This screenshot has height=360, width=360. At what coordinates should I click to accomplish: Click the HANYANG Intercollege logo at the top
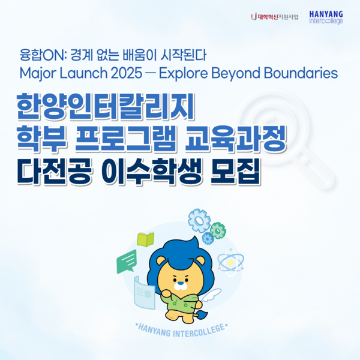pos(326,16)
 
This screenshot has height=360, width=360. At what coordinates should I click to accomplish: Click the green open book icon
pos(145,240)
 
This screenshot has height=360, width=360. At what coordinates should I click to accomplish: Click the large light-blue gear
pos(199,220)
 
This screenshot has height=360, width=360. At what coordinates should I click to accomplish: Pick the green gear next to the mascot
pos(217,230)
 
